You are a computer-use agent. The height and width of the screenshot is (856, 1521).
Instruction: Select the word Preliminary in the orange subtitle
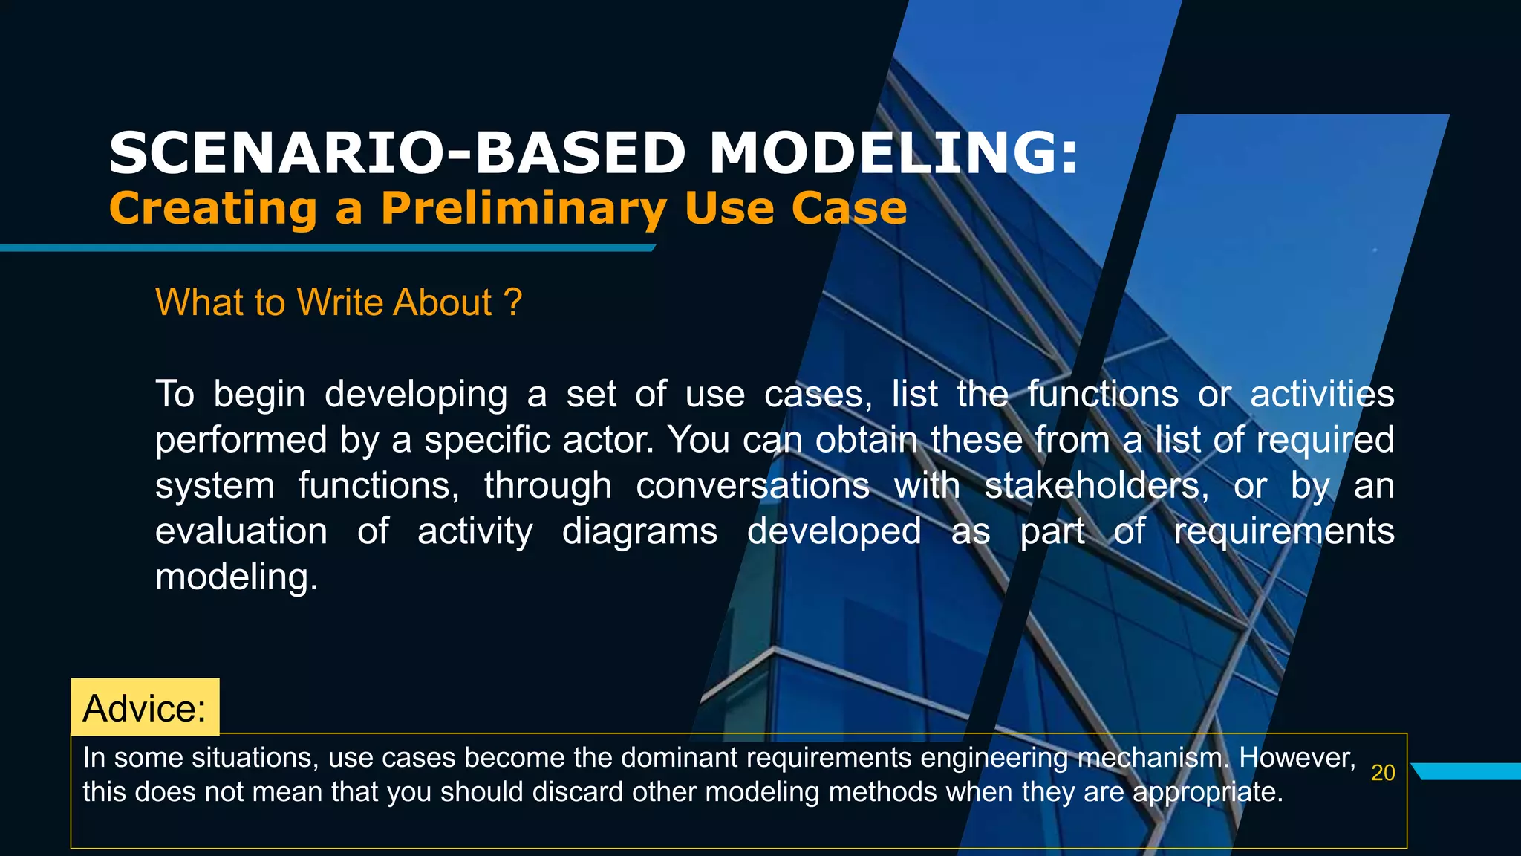point(524,209)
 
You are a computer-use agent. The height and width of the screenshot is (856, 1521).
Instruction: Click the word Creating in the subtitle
point(214,209)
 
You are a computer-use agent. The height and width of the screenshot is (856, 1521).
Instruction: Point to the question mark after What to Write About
point(512,302)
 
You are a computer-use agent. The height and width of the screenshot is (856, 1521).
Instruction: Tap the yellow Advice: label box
point(145,707)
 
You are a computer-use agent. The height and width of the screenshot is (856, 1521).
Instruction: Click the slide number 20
point(1383,773)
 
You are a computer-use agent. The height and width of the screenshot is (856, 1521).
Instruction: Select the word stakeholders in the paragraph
point(1096,486)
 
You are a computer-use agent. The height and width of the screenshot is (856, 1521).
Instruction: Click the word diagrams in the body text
point(639,532)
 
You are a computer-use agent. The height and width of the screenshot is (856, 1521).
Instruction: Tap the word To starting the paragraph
point(175,394)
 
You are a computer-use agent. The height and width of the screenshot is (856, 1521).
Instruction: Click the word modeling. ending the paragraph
point(236,577)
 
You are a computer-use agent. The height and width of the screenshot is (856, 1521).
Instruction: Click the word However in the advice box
point(1296,758)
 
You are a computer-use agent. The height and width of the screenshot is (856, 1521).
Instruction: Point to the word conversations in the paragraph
point(752,486)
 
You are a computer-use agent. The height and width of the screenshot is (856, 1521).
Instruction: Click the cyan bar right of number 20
point(1467,771)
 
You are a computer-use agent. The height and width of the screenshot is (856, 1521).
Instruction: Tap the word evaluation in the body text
point(241,532)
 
